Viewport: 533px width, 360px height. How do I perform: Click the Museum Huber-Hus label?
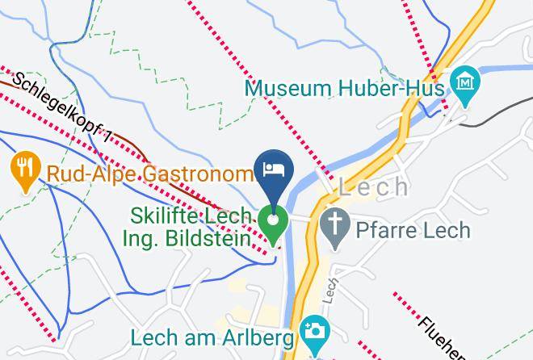click(x=346, y=86)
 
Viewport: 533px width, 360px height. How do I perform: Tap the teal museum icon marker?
click(x=466, y=82)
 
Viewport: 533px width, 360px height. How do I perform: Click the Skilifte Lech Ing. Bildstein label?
click(x=195, y=228)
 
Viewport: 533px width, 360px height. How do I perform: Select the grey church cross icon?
click(x=334, y=222)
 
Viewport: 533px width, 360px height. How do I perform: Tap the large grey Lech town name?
click(x=373, y=187)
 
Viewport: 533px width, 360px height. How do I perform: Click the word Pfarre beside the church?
click(x=383, y=231)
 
